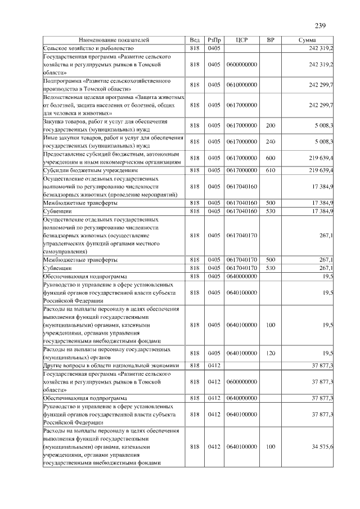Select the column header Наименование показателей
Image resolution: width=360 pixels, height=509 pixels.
(x=114, y=41)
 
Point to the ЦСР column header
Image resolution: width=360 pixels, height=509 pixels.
(x=242, y=41)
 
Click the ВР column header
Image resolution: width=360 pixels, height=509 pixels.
(x=271, y=41)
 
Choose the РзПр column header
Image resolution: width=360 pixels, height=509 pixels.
(x=214, y=41)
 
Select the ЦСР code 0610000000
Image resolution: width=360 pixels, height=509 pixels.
(x=242, y=85)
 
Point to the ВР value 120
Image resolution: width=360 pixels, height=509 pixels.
(x=271, y=353)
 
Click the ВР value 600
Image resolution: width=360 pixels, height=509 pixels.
(x=271, y=157)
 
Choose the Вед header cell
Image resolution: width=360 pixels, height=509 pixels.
(x=195, y=41)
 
